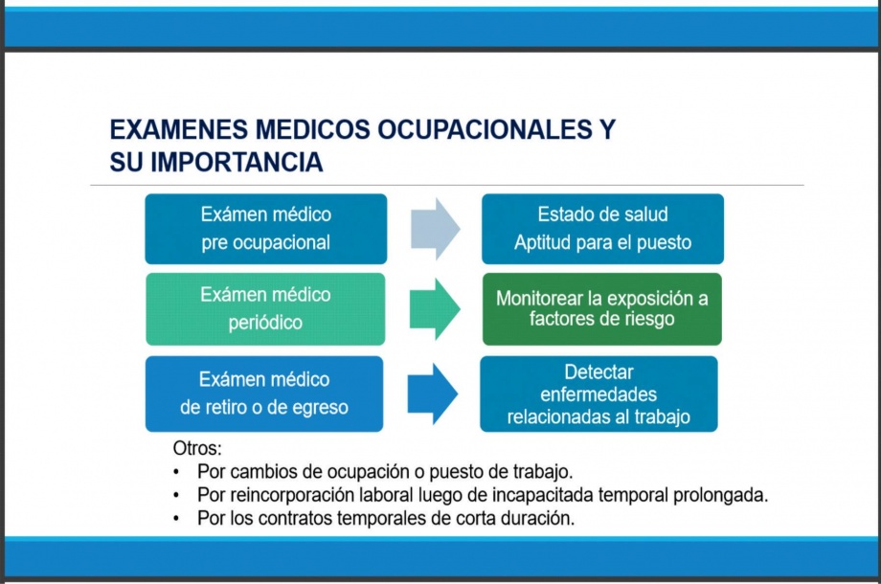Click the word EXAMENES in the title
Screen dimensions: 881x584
[x=179, y=129]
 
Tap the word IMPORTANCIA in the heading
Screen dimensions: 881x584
[x=237, y=163]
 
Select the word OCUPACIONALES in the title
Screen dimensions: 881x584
[x=485, y=129]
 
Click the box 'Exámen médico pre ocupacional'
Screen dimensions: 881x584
[x=266, y=229]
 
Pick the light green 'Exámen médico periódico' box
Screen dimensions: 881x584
[x=265, y=309]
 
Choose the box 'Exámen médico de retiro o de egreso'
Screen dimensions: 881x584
[x=264, y=393]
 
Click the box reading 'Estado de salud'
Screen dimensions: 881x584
[x=603, y=229]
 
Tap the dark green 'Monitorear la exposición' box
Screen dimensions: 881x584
[x=601, y=309]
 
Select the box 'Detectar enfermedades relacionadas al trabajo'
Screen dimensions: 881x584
[x=599, y=393]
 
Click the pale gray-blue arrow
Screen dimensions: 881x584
[x=436, y=229]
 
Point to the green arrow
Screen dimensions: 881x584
[x=435, y=309]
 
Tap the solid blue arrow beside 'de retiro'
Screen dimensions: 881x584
[x=433, y=393]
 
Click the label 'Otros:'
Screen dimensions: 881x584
[x=197, y=448]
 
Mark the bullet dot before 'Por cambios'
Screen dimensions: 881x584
[x=177, y=472]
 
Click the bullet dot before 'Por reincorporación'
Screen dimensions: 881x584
[x=177, y=496]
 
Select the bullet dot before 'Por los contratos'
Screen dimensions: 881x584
[x=177, y=519]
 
